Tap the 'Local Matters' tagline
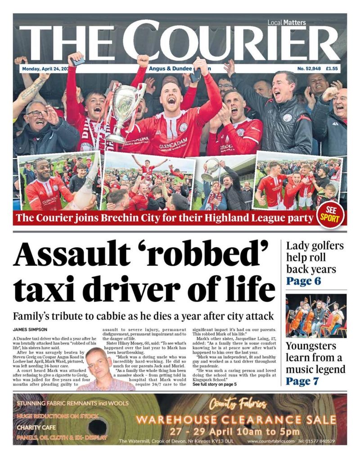[286, 23]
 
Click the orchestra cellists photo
[316, 315]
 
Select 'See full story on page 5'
[214, 384]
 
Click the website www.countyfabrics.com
[270, 441]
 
